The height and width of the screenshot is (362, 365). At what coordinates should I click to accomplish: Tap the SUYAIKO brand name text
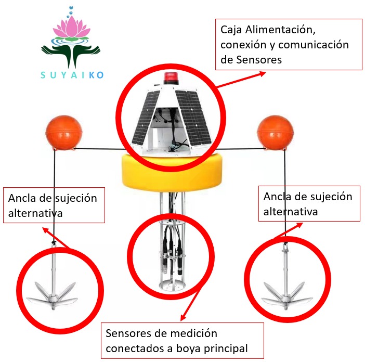pyautogui.click(x=72, y=75)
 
